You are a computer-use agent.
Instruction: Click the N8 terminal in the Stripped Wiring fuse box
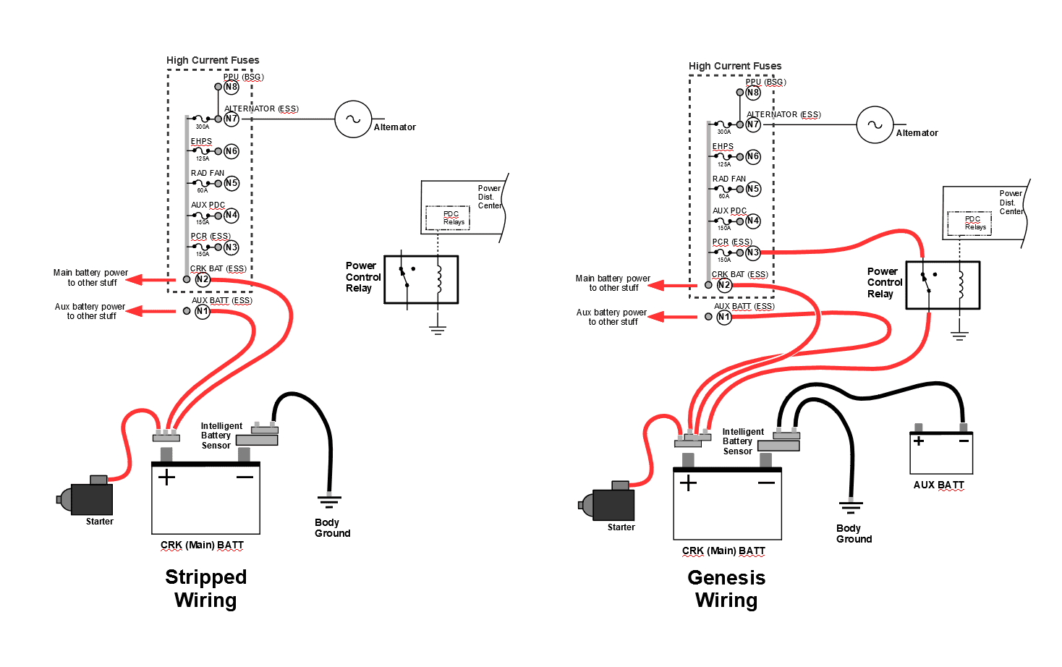tap(231, 87)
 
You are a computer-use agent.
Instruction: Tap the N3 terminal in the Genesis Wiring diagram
tap(753, 252)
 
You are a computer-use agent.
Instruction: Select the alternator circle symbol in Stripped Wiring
tap(353, 119)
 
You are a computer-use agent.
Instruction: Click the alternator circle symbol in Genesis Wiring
tap(875, 124)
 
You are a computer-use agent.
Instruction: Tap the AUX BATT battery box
tap(941, 453)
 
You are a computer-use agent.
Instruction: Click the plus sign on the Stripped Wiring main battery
tap(166, 477)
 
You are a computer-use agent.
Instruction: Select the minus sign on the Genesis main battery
tap(766, 483)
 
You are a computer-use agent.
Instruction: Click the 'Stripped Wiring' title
tap(205, 588)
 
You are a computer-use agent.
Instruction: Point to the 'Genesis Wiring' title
tap(726, 589)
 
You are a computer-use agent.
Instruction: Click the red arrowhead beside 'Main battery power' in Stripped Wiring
tap(134, 280)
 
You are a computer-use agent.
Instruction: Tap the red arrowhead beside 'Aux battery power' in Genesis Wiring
tap(655, 317)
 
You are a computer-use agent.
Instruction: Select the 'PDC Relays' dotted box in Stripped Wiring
tap(448, 218)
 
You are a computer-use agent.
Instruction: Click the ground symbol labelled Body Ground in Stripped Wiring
tap(329, 501)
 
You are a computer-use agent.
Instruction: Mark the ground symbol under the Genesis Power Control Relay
tap(959, 336)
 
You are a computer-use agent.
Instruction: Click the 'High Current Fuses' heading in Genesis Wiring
tap(735, 66)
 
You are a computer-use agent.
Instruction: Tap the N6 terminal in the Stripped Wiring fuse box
tap(231, 151)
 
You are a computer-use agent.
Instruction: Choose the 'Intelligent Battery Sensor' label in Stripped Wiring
tap(221, 436)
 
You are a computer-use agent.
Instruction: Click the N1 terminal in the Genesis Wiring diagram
tap(724, 317)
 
